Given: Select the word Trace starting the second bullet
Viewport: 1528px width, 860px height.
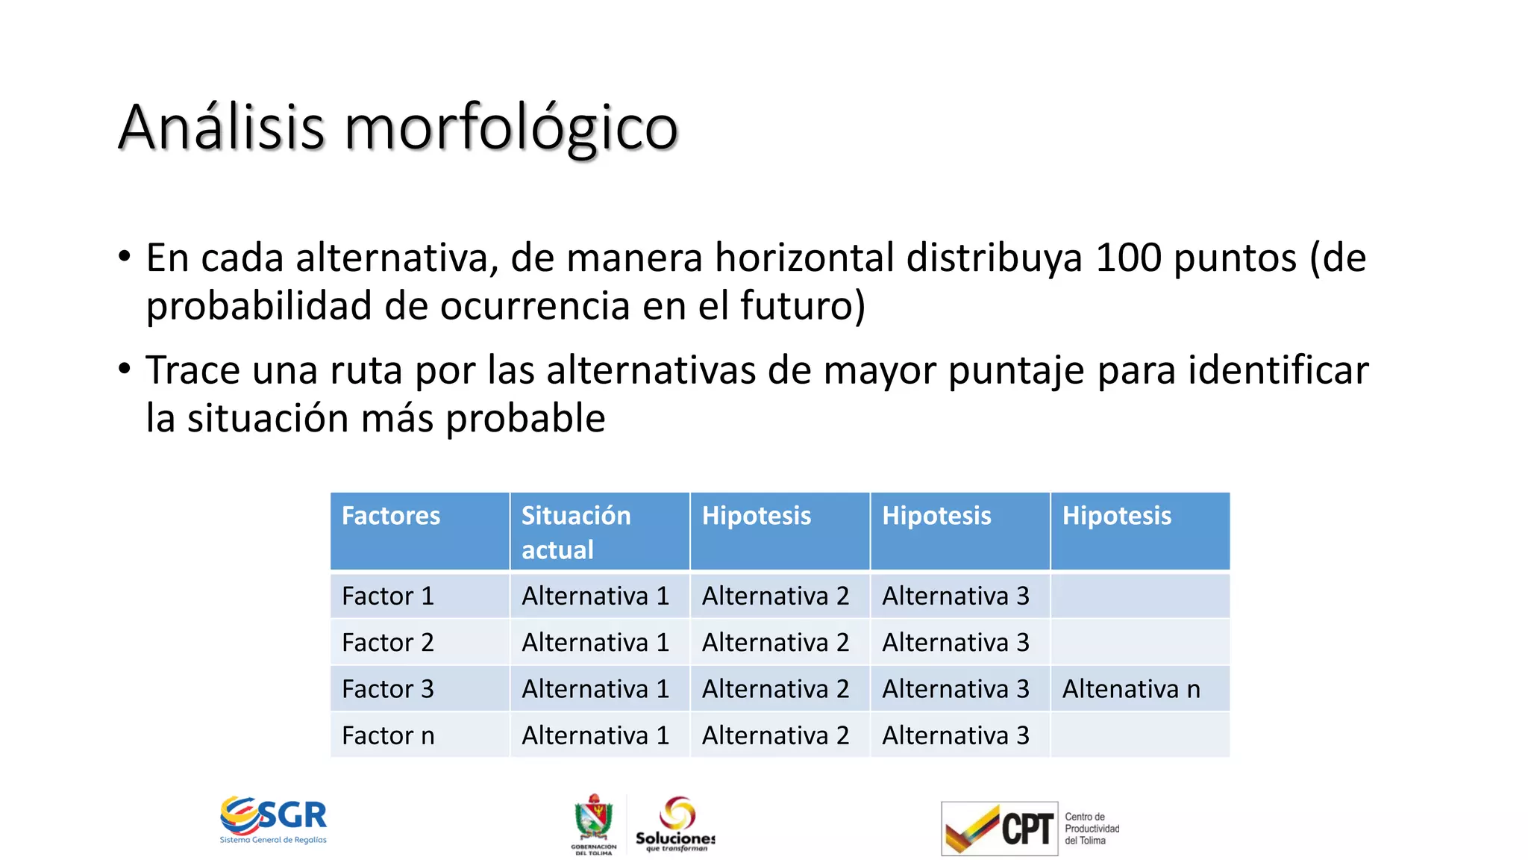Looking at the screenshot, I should [192, 370].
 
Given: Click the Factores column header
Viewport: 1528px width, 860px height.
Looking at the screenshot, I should [391, 516].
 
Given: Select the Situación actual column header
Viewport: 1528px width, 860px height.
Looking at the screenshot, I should [575, 532].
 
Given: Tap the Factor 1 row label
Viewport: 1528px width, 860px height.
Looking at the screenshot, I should [387, 596].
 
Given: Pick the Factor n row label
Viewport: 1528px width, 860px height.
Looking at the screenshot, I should [387, 735].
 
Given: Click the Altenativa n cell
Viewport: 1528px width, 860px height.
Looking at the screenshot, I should [1131, 689].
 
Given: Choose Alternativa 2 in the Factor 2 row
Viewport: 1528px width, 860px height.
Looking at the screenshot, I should [775, 642].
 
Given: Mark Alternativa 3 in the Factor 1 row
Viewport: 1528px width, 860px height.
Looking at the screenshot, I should [955, 596].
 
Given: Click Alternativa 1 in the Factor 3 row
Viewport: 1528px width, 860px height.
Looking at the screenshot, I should [595, 689].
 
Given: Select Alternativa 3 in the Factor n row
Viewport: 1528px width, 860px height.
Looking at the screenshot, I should [955, 735].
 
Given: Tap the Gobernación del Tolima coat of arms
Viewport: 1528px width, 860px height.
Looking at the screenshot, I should [594, 820].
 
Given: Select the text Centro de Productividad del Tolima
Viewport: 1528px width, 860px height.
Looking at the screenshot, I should [1092, 829].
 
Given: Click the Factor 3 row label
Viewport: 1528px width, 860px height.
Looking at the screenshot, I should [387, 689].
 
